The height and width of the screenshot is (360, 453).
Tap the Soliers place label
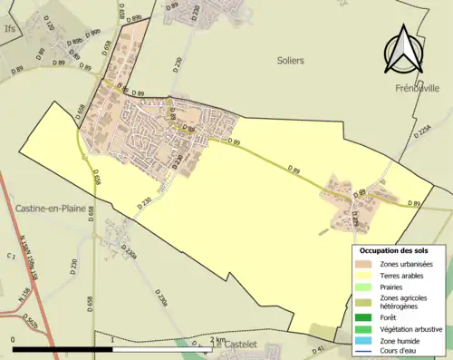point(290,60)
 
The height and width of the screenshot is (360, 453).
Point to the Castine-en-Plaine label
point(51,208)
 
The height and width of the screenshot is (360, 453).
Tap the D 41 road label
point(319,348)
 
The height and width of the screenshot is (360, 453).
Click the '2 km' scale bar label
point(216,340)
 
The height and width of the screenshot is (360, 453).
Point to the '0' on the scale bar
point(13,340)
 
